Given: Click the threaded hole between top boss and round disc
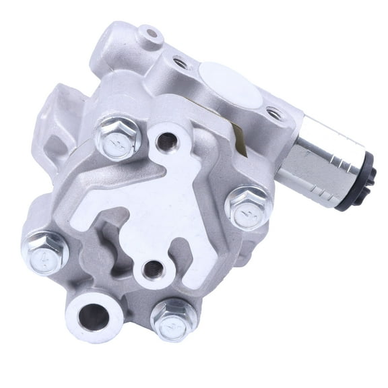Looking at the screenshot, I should tap(181, 63).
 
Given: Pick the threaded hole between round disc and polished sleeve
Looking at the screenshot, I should tap(275, 113).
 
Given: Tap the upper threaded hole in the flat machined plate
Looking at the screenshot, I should tap(166, 140).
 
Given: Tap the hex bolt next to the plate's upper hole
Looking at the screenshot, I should tap(119, 137).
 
